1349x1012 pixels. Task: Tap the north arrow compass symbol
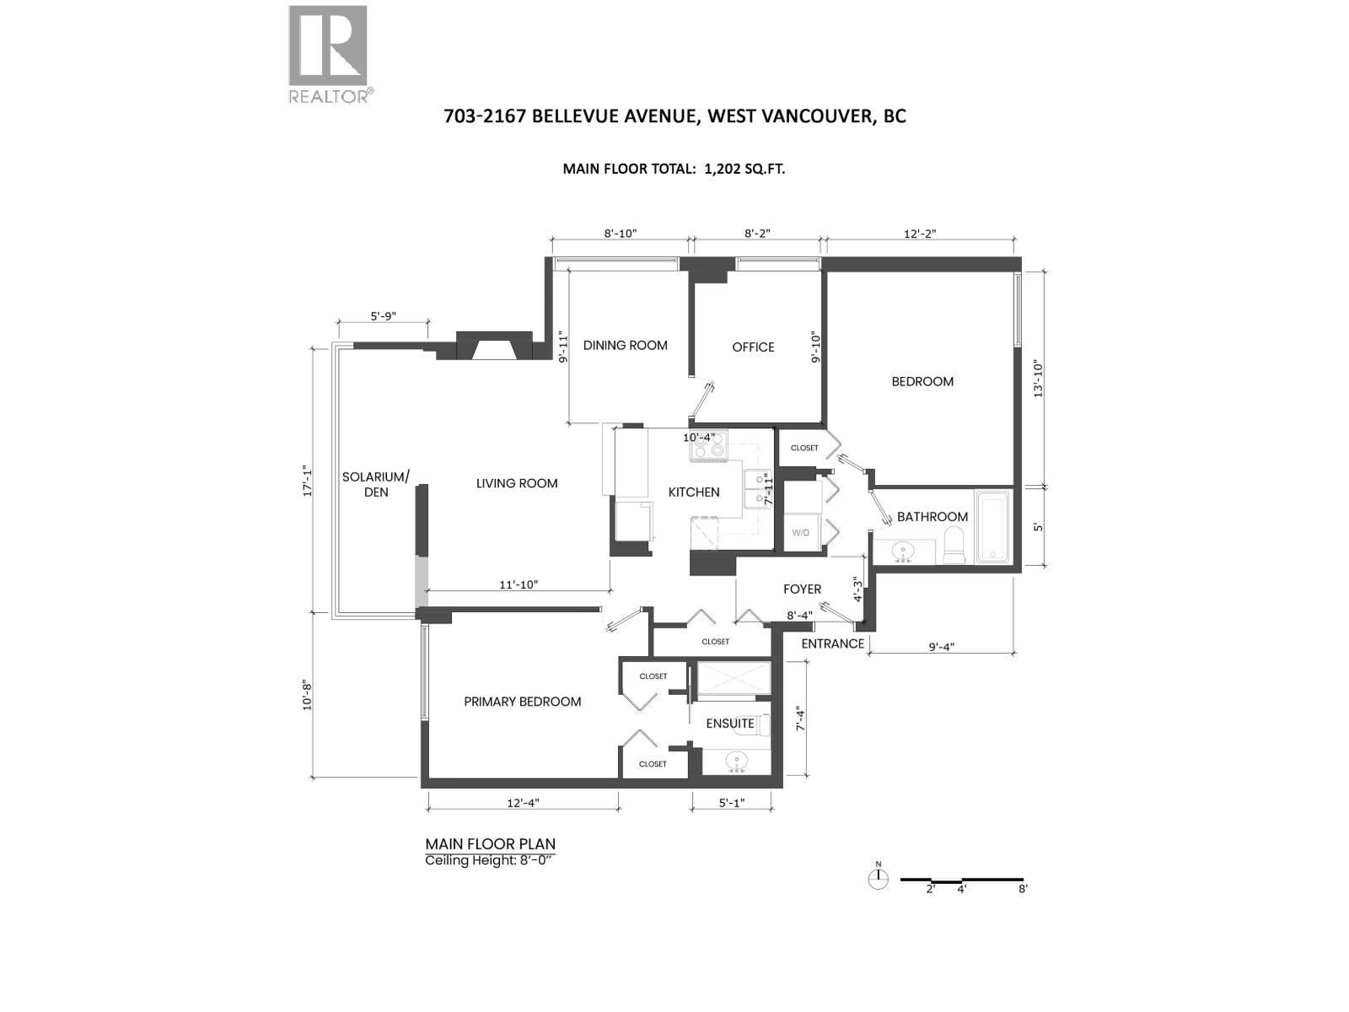click(x=879, y=879)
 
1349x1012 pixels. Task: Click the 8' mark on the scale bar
click(x=1022, y=889)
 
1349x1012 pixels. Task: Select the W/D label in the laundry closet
click(x=800, y=533)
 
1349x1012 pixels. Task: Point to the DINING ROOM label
click(x=625, y=345)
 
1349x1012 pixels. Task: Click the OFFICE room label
click(x=753, y=347)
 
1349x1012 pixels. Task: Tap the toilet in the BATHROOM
click(x=955, y=546)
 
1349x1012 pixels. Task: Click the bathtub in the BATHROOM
click(x=995, y=526)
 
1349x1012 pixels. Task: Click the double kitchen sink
click(x=758, y=488)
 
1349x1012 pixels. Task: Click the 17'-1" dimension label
click(x=308, y=482)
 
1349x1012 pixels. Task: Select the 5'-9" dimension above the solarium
click(x=383, y=316)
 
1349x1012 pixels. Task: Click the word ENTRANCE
click(x=832, y=643)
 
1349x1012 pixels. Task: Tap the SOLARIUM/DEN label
click(x=376, y=484)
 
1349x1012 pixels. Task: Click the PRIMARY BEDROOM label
click(x=522, y=702)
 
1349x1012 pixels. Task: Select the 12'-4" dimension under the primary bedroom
click(x=524, y=803)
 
